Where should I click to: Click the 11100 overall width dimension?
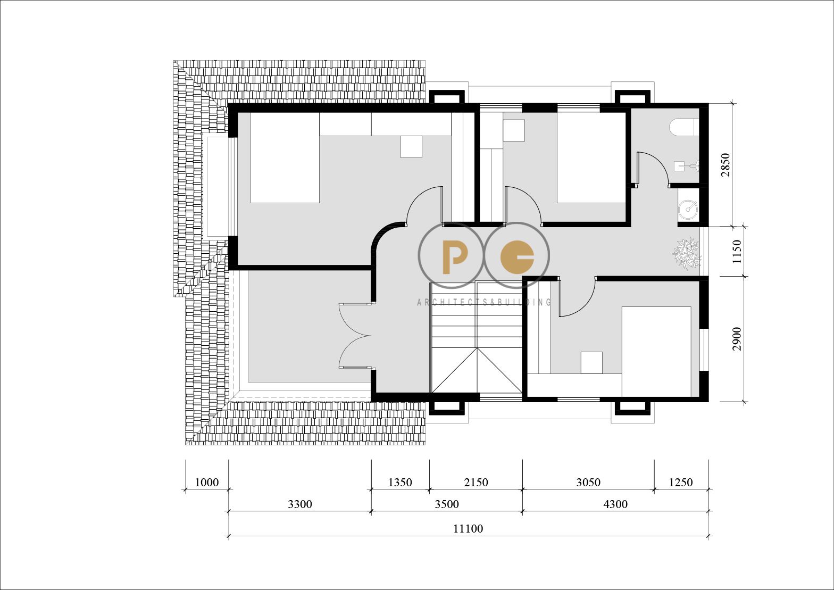(x=468, y=528)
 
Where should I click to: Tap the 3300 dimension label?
(x=300, y=504)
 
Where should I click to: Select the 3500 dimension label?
(x=447, y=504)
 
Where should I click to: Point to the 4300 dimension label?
(x=615, y=504)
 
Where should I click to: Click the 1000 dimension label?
(x=206, y=483)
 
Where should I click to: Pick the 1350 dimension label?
(x=400, y=483)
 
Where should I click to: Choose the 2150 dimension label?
(x=476, y=483)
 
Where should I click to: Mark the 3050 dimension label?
(x=588, y=483)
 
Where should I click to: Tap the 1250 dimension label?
(x=681, y=483)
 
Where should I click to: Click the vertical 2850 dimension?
(x=725, y=164)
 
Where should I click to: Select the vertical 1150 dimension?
(x=737, y=252)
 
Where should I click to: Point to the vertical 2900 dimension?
(x=737, y=338)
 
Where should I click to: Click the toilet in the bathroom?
(x=684, y=127)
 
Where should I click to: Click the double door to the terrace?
(x=355, y=336)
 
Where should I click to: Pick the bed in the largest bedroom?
(x=285, y=158)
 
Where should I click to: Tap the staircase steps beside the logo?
(x=476, y=337)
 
